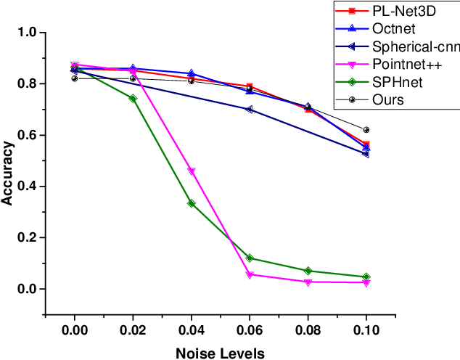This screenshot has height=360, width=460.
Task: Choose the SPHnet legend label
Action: pos(397,82)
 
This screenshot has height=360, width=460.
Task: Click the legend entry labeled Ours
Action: pos(387,99)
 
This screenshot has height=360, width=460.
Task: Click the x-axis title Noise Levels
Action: pos(220,353)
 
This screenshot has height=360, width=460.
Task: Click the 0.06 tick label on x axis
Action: pos(250,330)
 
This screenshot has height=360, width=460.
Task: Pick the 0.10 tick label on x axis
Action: pos(366,330)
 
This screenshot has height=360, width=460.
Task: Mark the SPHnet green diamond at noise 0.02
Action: pos(133,98)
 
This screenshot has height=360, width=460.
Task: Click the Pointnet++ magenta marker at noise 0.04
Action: pos(192,171)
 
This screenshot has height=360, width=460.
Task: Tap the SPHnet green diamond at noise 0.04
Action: pos(192,203)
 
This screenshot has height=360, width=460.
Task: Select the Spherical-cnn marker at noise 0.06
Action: pos(250,110)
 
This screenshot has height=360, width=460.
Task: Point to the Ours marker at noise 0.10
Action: pos(366,130)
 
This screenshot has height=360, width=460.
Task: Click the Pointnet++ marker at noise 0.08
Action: pos(308,282)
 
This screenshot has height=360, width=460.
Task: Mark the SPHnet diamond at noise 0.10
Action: pos(366,277)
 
